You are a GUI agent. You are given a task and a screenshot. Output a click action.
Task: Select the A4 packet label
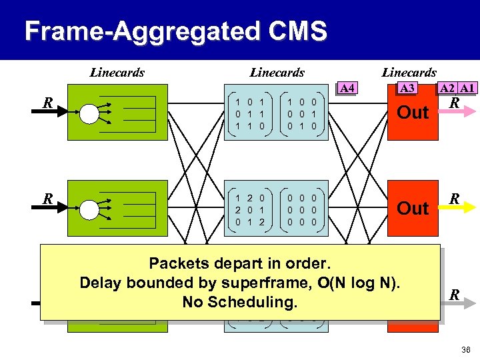point(347,88)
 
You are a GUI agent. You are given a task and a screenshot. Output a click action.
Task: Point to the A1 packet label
point(467,89)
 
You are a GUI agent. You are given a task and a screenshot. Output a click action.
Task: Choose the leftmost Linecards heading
point(117,73)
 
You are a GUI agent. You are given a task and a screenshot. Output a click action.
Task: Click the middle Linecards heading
point(277,73)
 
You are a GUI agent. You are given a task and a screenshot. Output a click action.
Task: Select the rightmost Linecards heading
point(409,73)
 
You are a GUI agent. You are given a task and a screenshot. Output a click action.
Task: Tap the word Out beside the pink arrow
point(413,113)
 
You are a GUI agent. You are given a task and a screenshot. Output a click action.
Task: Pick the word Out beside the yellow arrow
point(413,209)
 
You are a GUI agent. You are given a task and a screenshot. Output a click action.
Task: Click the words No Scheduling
point(239,303)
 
